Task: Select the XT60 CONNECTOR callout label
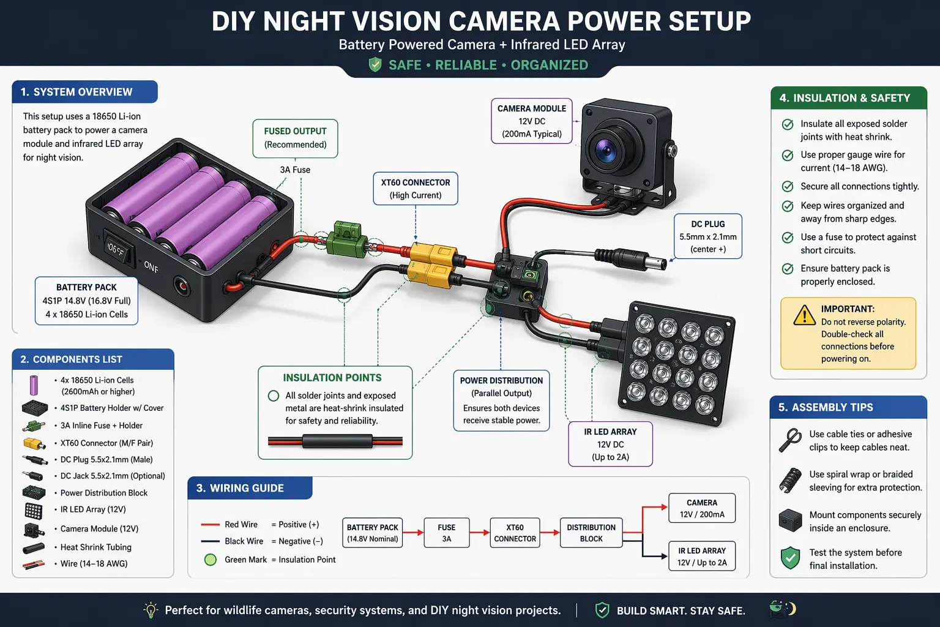(416, 189)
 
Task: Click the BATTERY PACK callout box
(86, 301)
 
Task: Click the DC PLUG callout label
(707, 236)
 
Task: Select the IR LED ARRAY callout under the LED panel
(610, 444)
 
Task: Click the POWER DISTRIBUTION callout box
(501, 400)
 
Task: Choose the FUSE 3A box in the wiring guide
(446, 533)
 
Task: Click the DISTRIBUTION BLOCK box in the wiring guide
(591, 533)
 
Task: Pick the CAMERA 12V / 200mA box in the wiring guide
(701, 508)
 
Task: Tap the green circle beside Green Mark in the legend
(211, 559)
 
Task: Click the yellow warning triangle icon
(804, 315)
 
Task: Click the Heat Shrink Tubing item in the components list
(95, 547)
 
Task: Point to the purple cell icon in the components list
(34, 385)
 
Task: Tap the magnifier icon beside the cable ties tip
(790, 440)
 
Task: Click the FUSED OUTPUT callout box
(295, 138)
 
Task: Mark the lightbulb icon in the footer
(151, 610)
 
